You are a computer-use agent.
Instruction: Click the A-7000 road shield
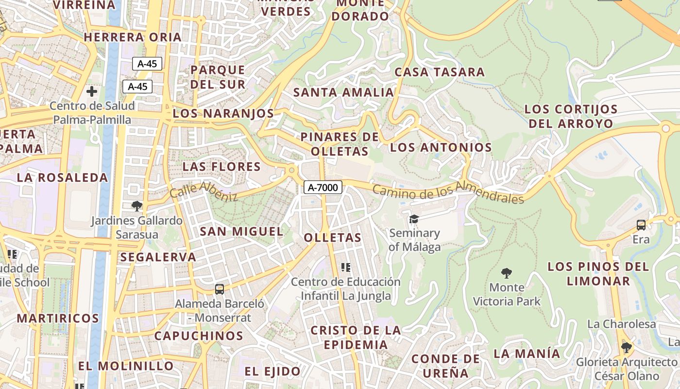pyautogui.click(x=323, y=187)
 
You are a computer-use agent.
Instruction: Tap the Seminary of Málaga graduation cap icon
pyautogui.click(x=414, y=219)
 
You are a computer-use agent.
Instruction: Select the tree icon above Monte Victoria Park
pyautogui.click(x=507, y=273)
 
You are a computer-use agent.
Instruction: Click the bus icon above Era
pyautogui.click(x=641, y=225)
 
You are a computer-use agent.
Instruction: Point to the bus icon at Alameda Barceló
pyautogui.click(x=220, y=289)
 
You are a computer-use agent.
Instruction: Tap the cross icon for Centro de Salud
pyautogui.click(x=91, y=91)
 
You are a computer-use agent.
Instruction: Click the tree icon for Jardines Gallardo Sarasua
pyautogui.click(x=137, y=206)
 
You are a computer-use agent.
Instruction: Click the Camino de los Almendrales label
pyautogui.click(x=448, y=192)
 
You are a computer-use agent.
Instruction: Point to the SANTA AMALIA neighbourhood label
pyautogui.click(x=343, y=92)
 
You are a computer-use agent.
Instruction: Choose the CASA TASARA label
pyautogui.click(x=440, y=72)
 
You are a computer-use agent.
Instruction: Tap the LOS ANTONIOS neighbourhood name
pyautogui.click(x=441, y=147)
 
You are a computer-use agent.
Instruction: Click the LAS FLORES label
pyautogui.click(x=221, y=167)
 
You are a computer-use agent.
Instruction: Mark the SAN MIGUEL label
pyautogui.click(x=241, y=231)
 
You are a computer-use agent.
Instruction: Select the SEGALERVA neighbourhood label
pyautogui.click(x=158, y=257)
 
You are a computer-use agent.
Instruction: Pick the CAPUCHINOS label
pyautogui.click(x=199, y=336)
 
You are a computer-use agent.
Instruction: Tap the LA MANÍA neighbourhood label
pyautogui.click(x=527, y=354)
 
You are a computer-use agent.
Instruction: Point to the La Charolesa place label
pyautogui.click(x=621, y=324)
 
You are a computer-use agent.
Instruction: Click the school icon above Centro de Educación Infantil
pyautogui.click(x=346, y=267)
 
